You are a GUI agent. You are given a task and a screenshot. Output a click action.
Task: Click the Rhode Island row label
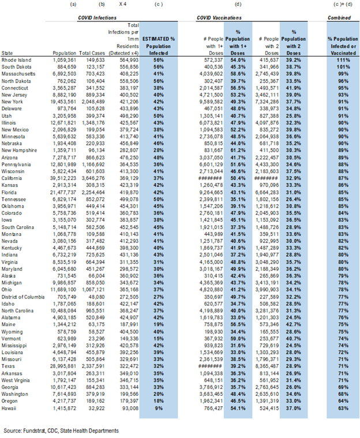click(15, 59)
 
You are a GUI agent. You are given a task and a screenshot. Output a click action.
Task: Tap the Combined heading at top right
click(339, 18)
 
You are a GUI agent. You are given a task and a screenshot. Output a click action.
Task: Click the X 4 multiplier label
click(123, 5)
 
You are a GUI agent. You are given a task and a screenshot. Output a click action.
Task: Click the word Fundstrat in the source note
click(39, 430)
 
